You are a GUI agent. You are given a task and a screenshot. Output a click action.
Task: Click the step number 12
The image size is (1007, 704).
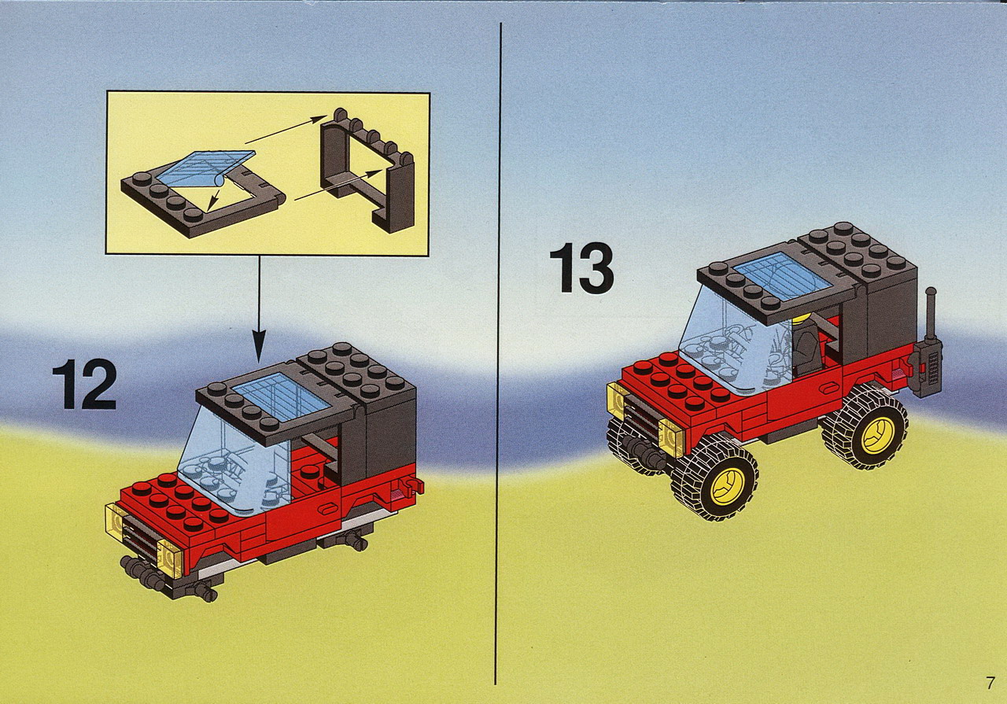[84, 384]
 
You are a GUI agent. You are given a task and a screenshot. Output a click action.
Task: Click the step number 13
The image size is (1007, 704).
[581, 267]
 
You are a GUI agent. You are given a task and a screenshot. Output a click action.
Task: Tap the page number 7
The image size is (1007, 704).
[990, 684]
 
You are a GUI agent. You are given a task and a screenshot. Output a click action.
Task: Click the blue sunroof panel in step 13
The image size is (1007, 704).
[781, 275]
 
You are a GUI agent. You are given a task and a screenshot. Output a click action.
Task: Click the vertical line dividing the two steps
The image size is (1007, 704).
[499, 353]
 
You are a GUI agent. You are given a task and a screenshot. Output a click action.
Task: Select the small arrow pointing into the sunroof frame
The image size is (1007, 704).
[215, 200]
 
